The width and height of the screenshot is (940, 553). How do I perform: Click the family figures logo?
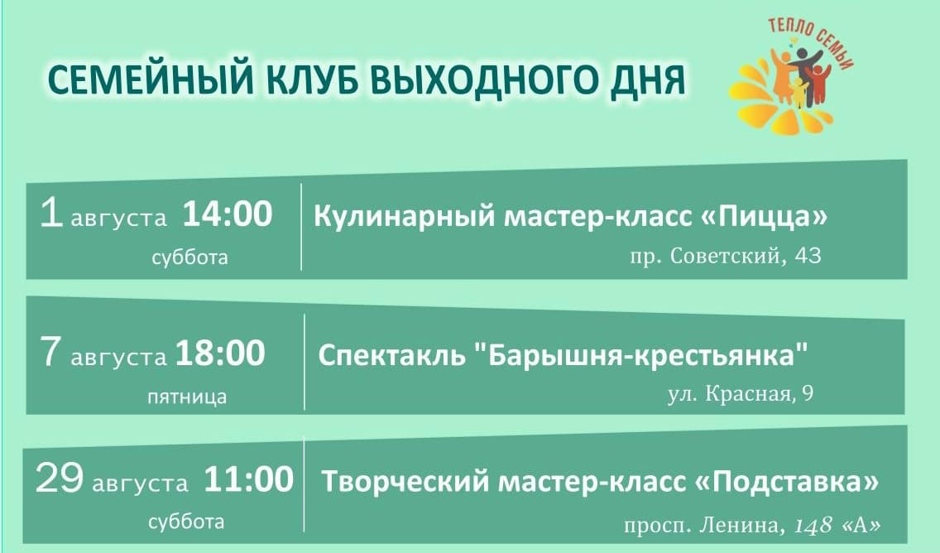791,75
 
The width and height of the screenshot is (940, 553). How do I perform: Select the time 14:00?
228,214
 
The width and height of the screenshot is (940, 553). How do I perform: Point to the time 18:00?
220,353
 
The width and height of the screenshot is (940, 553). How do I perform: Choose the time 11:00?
249,479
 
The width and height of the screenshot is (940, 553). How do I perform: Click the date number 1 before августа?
51,214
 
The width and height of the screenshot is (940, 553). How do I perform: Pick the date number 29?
59,479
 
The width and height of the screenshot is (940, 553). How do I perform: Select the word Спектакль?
391,356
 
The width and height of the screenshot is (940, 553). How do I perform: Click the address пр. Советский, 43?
726,256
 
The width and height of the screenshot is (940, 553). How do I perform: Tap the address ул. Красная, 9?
741,393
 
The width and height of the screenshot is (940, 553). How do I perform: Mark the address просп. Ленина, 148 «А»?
752,526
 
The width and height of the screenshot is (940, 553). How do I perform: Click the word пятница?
188,397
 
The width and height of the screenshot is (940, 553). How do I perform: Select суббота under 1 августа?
190,257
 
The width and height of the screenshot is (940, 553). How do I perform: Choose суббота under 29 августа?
186,522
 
